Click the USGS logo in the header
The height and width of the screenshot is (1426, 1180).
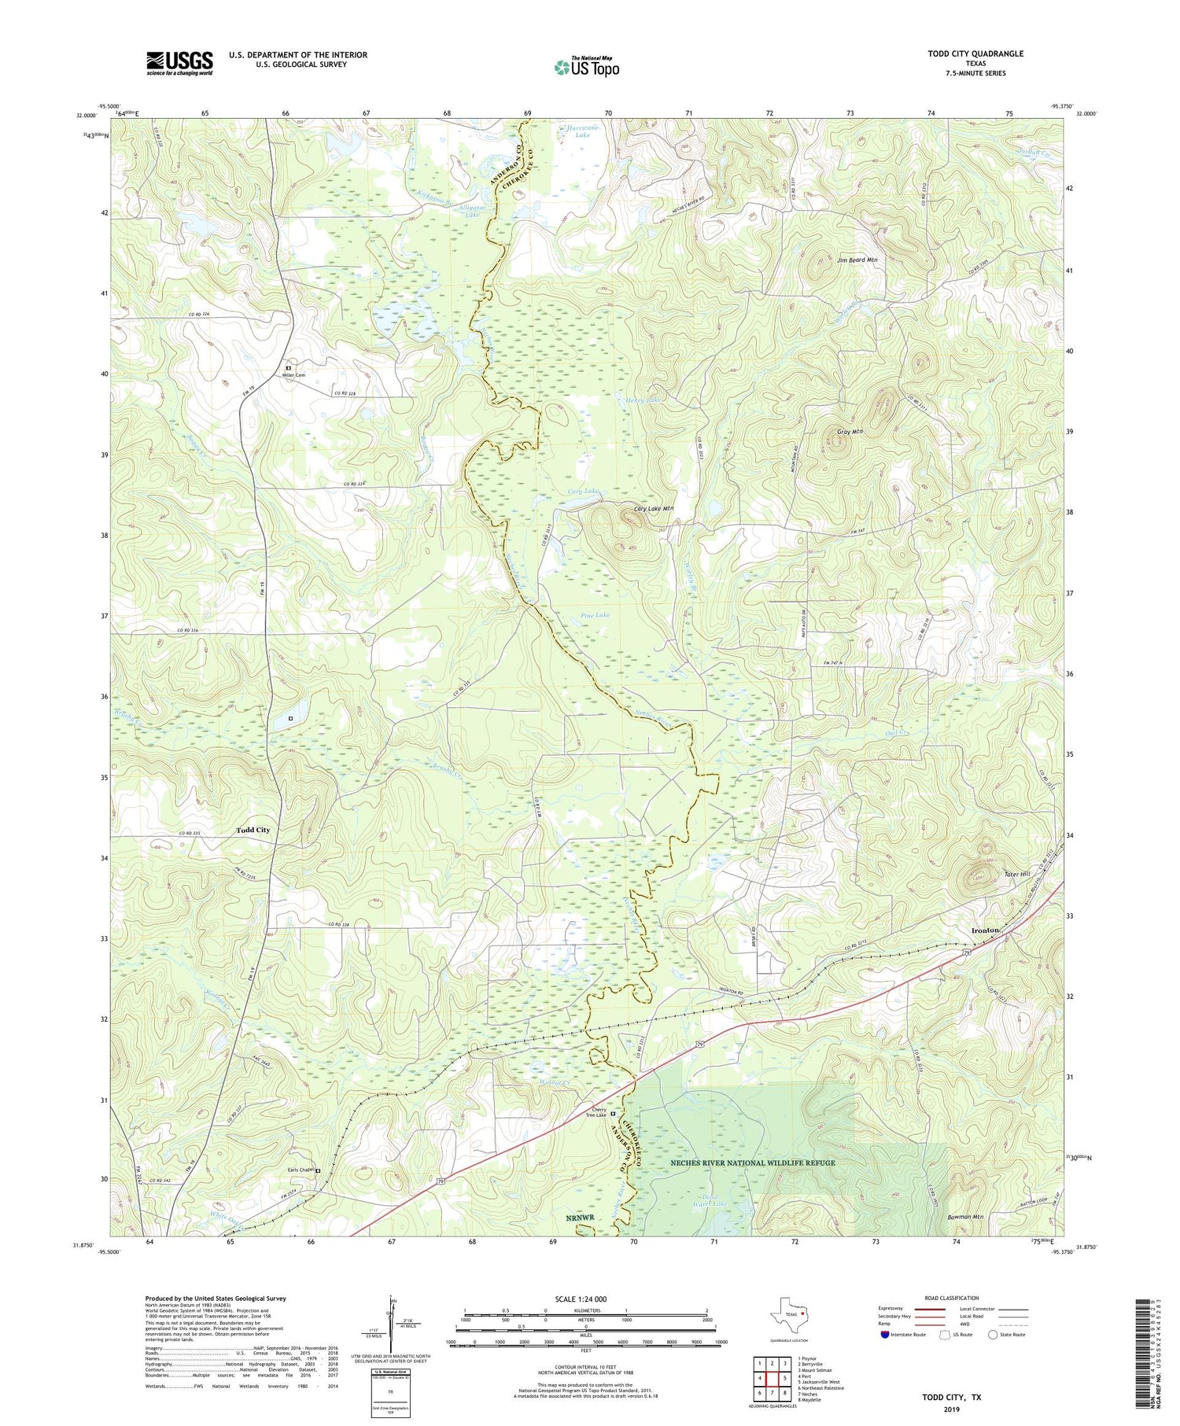pos(179,63)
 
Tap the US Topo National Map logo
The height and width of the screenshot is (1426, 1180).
pos(586,66)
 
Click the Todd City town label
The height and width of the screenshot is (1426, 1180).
pos(253,830)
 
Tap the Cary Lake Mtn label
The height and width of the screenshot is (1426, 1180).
pos(654,509)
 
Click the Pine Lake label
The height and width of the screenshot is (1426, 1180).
pos(596,615)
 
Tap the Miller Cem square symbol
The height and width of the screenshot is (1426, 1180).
pos(289,367)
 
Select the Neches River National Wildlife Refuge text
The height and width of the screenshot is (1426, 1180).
pos(752,1163)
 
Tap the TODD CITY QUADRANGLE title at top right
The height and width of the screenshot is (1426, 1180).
pos(976,53)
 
